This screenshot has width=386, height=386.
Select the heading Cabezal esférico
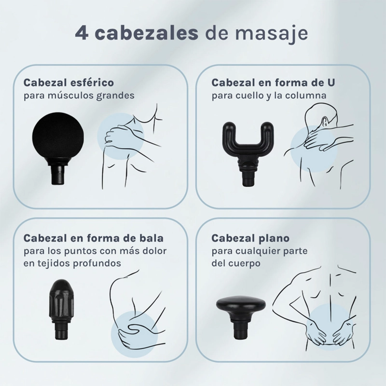coord(69,83)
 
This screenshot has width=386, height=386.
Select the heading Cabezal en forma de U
coord(273,83)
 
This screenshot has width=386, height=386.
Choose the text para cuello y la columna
coord(269,96)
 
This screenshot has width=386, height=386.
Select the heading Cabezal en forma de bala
coord(94,238)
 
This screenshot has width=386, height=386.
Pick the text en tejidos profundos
coord(72,263)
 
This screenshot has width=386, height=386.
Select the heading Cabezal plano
coord(250,238)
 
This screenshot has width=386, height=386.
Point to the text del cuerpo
coord(236,263)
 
